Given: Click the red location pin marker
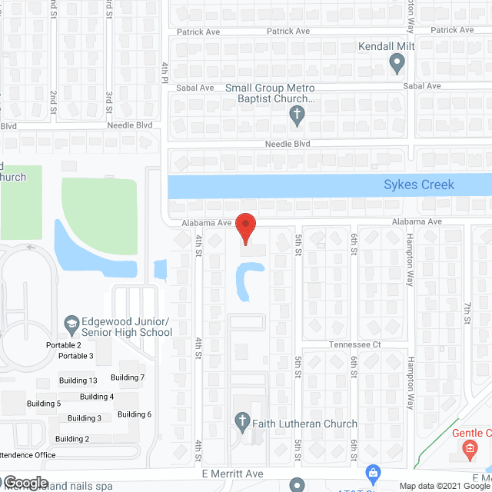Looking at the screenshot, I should point(245,228).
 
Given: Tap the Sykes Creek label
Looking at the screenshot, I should point(419,184).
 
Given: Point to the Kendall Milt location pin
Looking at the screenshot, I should point(397,65).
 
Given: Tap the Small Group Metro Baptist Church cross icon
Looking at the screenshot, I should point(297,116).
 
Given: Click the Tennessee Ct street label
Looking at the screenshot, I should point(354,345).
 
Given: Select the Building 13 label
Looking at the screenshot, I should point(78,381).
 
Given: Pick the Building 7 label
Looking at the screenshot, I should point(128,377).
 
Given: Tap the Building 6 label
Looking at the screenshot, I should point(135,414).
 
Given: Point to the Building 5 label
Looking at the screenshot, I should point(44,404).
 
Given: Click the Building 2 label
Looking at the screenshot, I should point(72,439).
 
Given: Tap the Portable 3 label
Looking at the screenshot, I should point(76,356).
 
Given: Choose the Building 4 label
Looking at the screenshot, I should point(97,397).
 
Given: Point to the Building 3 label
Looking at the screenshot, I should point(85,418).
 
